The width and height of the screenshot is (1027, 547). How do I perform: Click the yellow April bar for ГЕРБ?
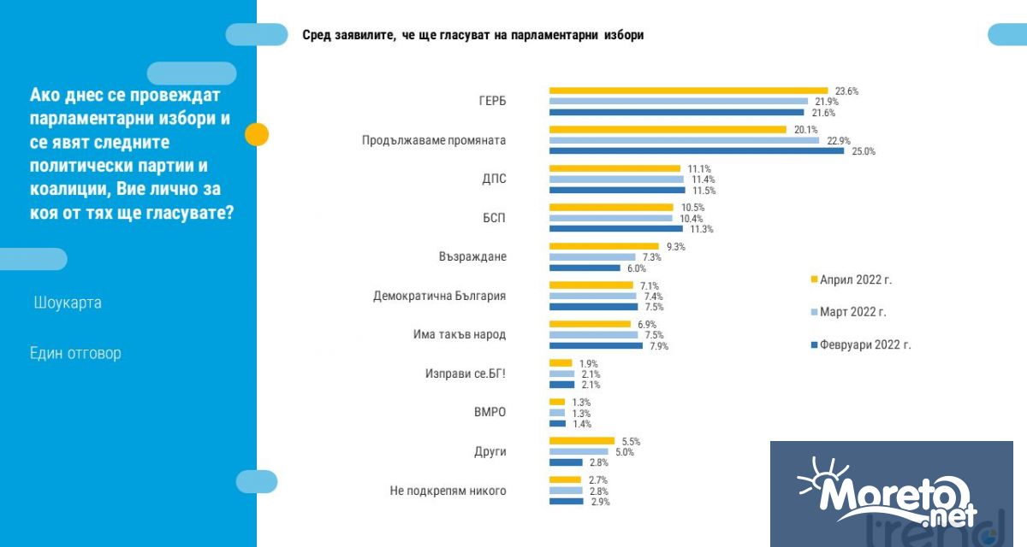click(x=688, y=91)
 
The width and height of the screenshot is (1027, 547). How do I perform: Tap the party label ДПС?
click(x=493, y=179)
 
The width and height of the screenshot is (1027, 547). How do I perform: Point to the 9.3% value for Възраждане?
click(x=675, y=246)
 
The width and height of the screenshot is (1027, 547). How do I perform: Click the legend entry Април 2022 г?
click(x=855, y=279)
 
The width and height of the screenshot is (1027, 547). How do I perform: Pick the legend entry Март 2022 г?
click(x=852, y=312)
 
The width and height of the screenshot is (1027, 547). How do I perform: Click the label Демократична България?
click(x=439, y=296)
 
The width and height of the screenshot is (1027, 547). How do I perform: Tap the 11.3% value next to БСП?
click(x=702, y=229)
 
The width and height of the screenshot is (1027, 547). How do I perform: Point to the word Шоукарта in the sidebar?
click(x=68, y=303)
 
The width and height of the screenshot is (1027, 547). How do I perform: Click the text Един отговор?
click(x=75, y=353)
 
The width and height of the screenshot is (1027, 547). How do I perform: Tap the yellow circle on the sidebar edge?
click(x=257, y=134)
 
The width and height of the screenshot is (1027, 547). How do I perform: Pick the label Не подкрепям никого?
click(x=448, y=491)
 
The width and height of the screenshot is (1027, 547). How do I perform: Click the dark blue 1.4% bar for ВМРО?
click(x=557, y=423)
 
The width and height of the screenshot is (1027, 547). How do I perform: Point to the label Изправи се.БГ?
click(x=465, y=373)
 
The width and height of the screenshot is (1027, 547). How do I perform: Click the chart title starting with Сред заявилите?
click(x=472, y=35)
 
